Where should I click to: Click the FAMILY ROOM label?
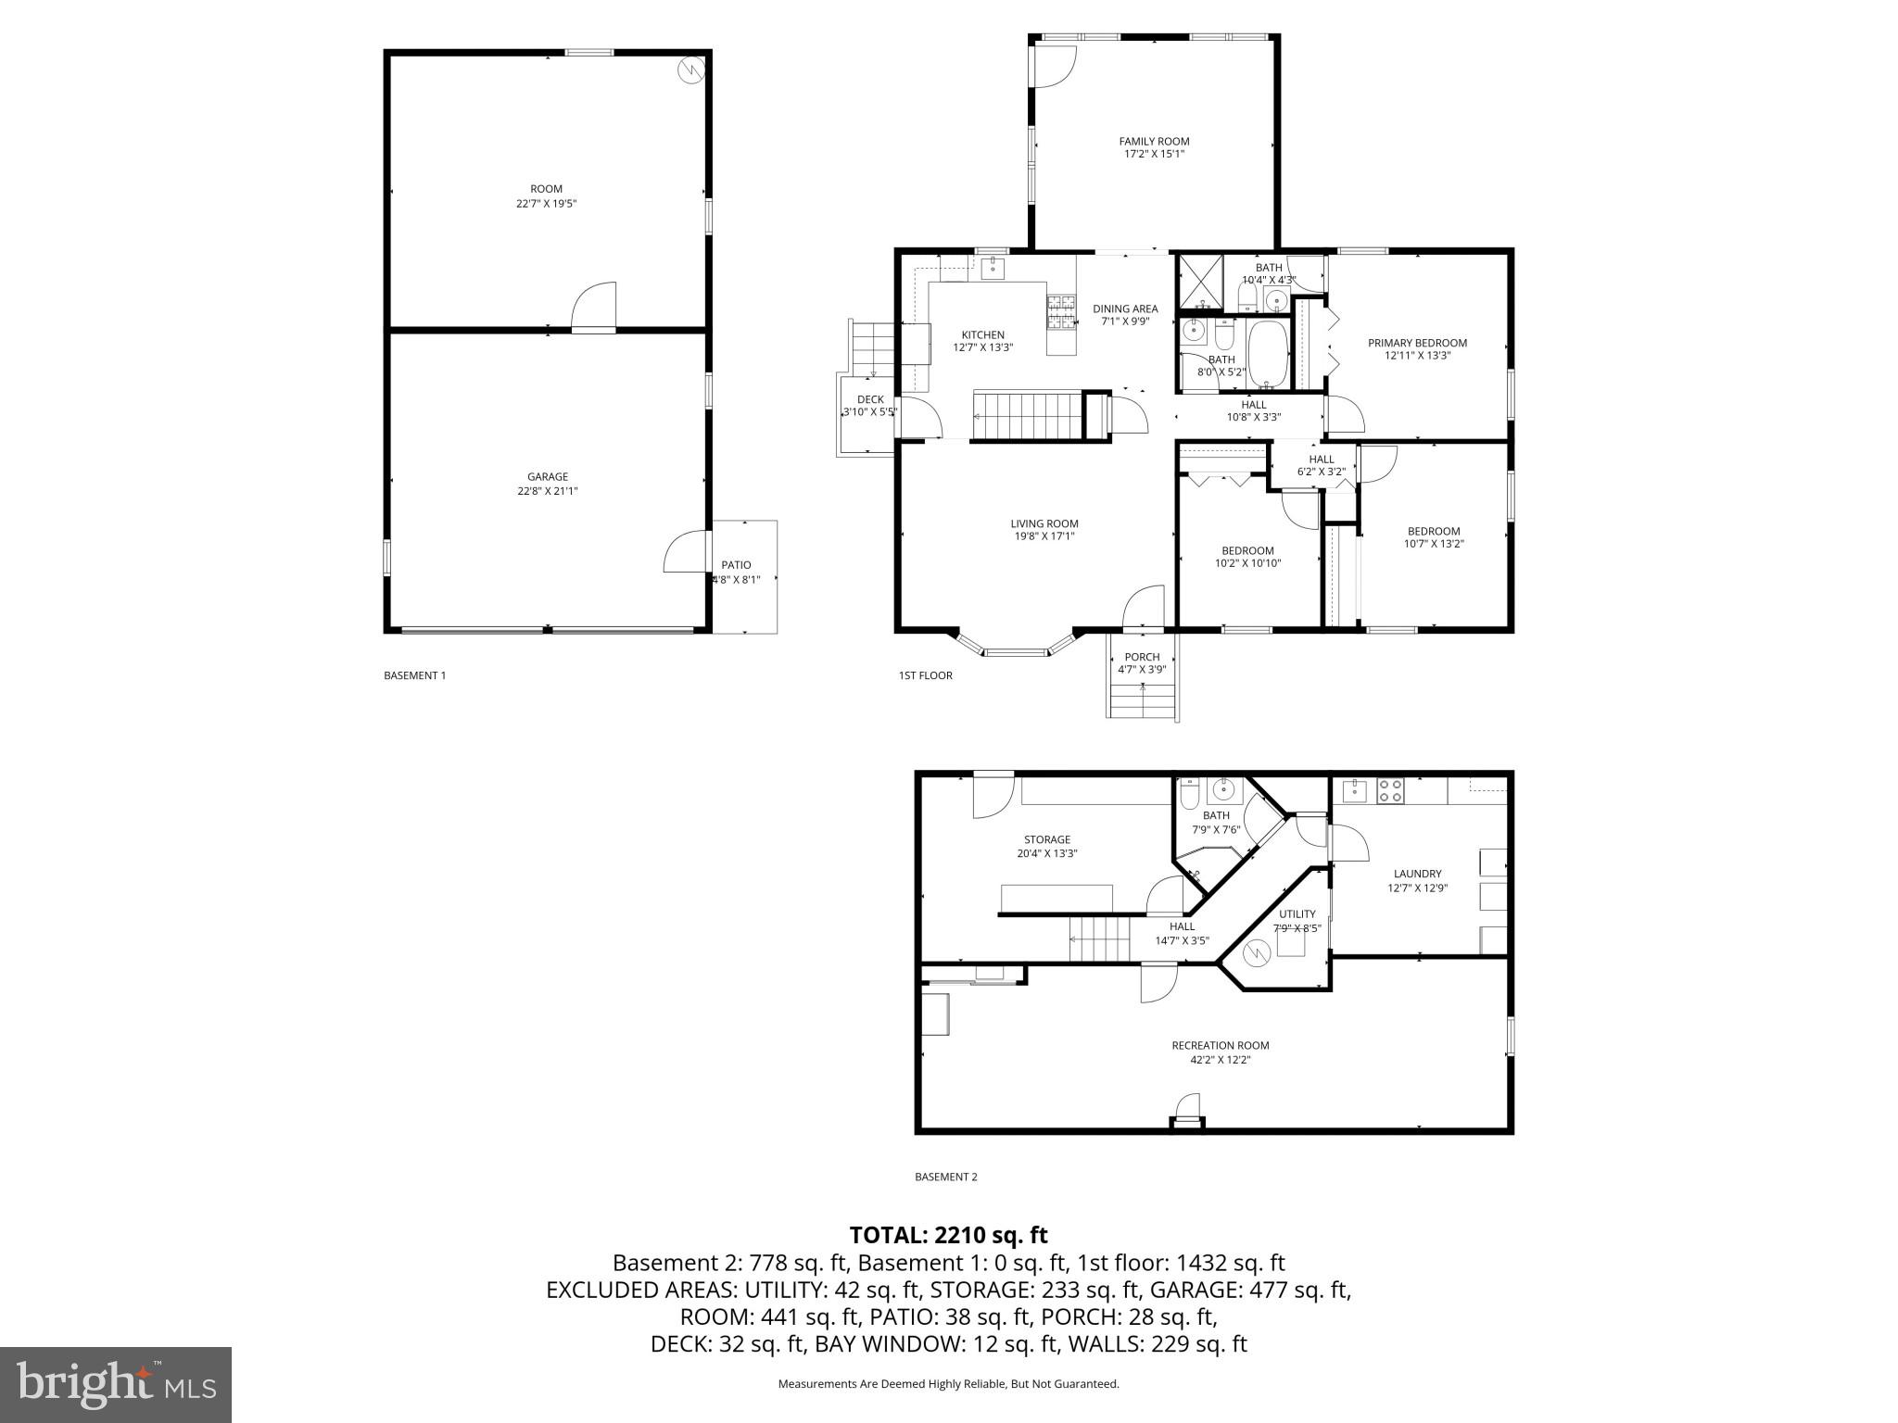(x=1154, y=142)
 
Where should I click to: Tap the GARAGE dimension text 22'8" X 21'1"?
(x=547, y=491)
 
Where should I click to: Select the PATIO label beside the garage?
(x=736, y=565)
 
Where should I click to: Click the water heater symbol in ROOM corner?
(x=690, y=70)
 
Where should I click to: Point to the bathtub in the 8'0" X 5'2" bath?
(x=1268, y=354)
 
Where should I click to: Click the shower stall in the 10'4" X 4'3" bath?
(x=1200, y=280)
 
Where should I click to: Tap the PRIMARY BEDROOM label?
(x=1417, y=343)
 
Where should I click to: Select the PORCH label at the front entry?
(x=1142, y=657)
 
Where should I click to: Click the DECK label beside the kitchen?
(x=870, y=399)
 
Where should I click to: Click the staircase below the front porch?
(x=1142, y=700)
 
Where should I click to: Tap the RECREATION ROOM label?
(x=1220, y=1045)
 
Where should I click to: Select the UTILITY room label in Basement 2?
(x=1297, y=913)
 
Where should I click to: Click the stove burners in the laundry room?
(x=1390, y=790)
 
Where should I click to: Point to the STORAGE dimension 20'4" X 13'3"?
(x=1047, y=853)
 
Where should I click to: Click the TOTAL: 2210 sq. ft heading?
(x=948, y=1235)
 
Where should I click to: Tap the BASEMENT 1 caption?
(x=414, y=675)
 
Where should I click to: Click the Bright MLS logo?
(x=116, y=1384)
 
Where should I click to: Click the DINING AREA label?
(x=1125, y=309)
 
